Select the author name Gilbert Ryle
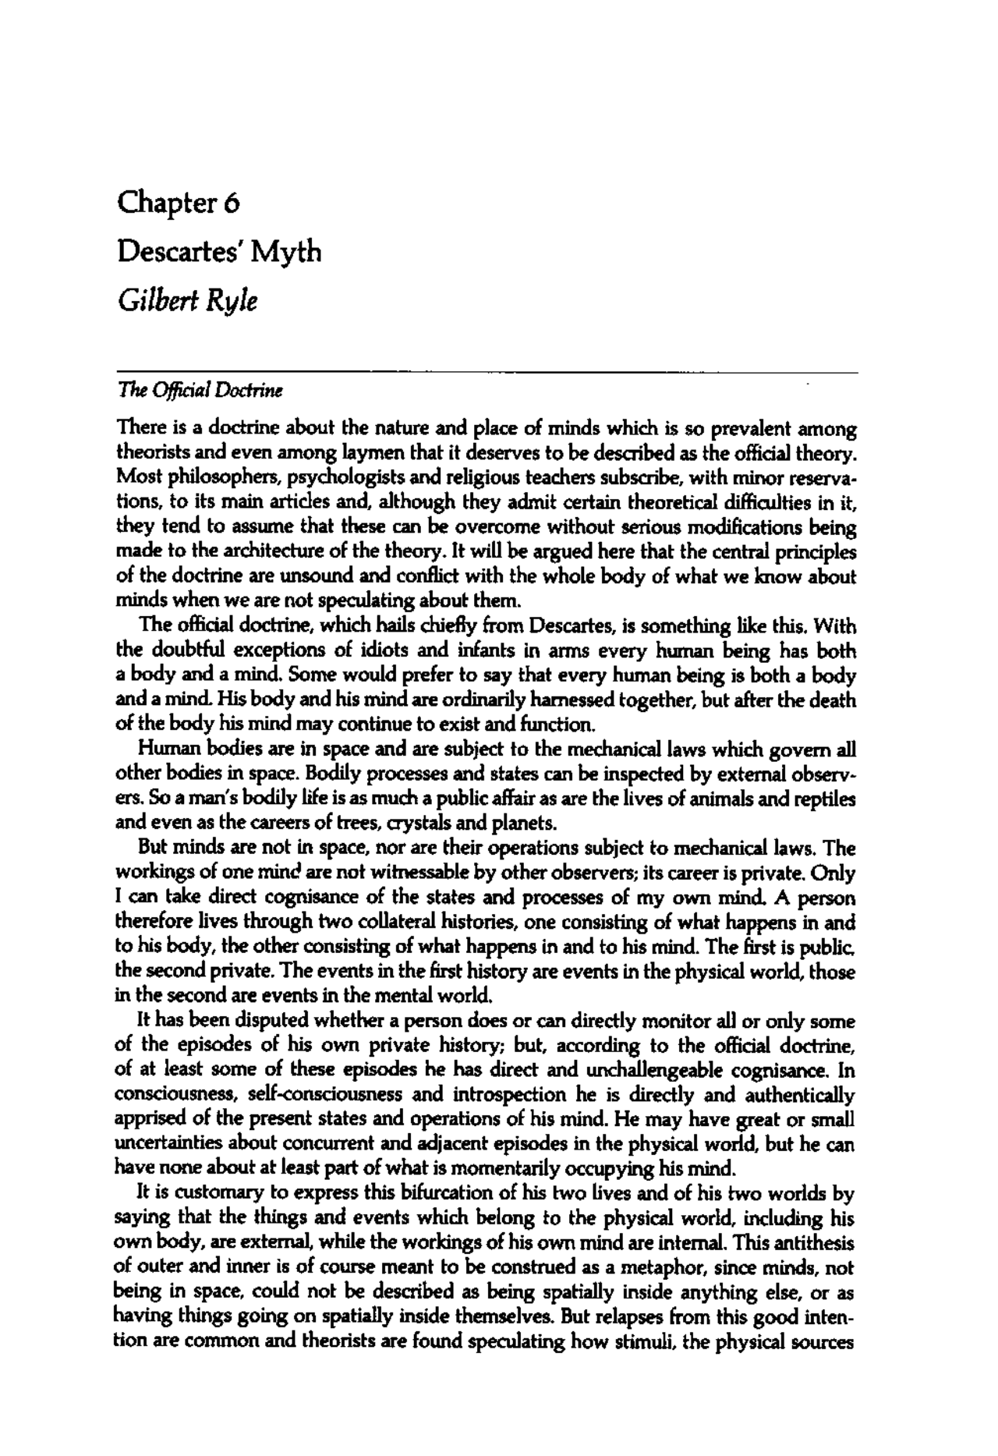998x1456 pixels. pos(186,300)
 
